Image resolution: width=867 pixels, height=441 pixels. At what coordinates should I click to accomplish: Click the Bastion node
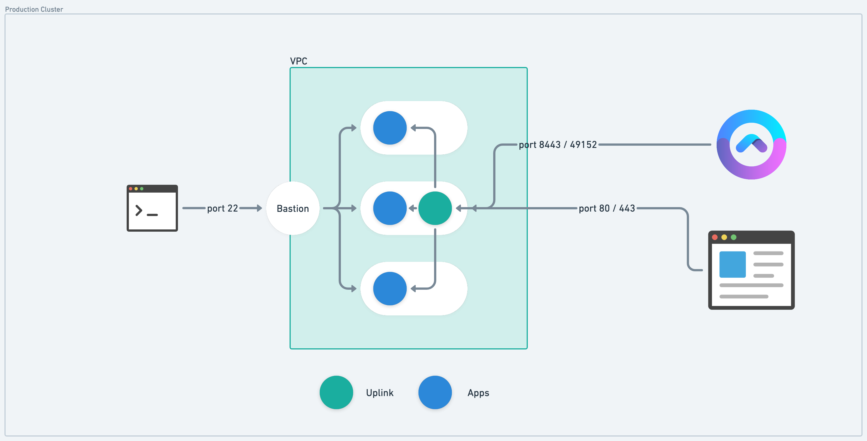click(292, 208)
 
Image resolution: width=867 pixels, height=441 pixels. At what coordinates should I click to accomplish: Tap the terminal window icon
click(152, 208)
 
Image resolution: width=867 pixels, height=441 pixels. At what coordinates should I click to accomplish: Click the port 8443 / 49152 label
click(557, 145)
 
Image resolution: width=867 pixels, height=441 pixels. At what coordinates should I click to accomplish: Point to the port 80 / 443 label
click(606, 208)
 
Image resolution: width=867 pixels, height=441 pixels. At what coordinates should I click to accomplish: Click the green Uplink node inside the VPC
click(435, 208)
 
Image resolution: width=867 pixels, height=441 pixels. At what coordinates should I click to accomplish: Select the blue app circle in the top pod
click(390, 128)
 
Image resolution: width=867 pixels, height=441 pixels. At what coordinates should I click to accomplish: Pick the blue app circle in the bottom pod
click(390, 289)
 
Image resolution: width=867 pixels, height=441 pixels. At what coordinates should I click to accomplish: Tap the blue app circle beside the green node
click(390, 208)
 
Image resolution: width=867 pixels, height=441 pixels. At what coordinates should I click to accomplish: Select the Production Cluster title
click(34, 9)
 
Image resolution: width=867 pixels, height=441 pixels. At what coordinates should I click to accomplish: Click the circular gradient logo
click(751, 144)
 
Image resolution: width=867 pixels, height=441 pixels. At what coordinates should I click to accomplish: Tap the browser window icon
click(751, 270)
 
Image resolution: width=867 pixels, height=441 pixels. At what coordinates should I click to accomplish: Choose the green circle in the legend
click(336, 392)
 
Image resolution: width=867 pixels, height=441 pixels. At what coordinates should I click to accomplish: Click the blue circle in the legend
click(435, 392)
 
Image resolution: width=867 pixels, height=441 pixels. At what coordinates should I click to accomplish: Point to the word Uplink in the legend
click(380, 393)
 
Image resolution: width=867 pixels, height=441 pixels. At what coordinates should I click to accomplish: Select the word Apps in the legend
click(478, 393)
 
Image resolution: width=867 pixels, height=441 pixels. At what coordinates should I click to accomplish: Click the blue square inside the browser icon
click(732, 264)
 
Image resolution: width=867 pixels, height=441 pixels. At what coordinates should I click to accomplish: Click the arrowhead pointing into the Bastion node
click(259, 208)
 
